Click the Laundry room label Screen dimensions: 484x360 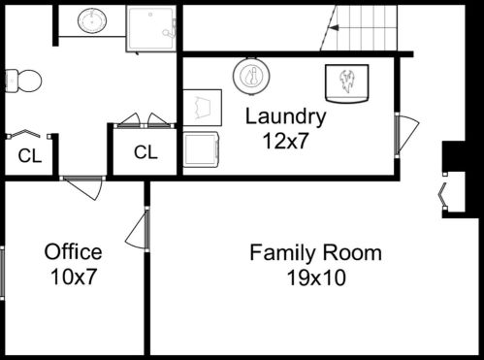pyautogui.click(x=285, y=117)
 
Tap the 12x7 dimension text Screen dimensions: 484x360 pyautogui.click(x=285, y=141)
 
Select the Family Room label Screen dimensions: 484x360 pyautogui.click(x=315, y=253)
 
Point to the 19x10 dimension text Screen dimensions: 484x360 pyautogui.click(x=316, y=278)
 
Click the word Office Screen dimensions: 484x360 pyautogui.click(x=74, y=252)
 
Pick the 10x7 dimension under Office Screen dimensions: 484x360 pyautogui.click(x=74, y=277)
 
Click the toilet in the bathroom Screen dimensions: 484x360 pyautogui.click(x=23, y=81)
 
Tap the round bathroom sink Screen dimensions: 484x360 pyautogui.click(x=92, y=21)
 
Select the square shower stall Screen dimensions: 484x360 pyautogui.click(x=151, y=29)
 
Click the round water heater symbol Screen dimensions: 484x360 pyautogui.click(x=251, y=76)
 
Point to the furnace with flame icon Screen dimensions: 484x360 pyautogui.click(x=346, y=83)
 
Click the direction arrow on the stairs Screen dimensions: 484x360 pyautogui.click(x=334, y=28)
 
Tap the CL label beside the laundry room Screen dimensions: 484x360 pyautogui.click(x=145, y=152)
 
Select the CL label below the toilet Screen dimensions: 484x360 pyautogui.click(x=30, y=156)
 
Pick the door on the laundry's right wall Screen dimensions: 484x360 pyautogui.click(x=406, y=135)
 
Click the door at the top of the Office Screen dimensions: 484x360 pyautogui.click(x=82, y=188)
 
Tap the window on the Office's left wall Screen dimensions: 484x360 pyautogui.click(x=2, y=274)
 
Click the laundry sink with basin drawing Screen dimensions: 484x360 pyautogui.click(x=203, y=108)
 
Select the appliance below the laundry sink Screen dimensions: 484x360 pyautogui.click(x=201, y=149)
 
